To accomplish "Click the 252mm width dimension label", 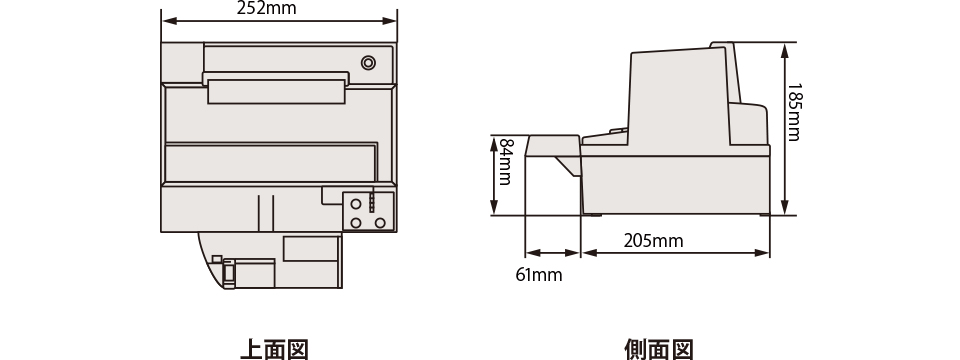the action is (x=266, y=8).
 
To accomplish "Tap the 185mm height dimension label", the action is (x=794, y=112).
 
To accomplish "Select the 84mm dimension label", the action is (x=505, y=162).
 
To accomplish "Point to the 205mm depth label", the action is (x=653, y=241).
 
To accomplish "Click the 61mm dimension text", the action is (x=539, y=275).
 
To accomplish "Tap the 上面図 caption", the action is (x=274, y=350).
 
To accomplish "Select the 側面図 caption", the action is (x=659, y=350).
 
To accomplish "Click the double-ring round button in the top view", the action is (x=368, y=62).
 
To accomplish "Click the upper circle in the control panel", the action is (x=356, y=204).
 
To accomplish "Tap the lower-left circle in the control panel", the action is (x=356, y=223).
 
